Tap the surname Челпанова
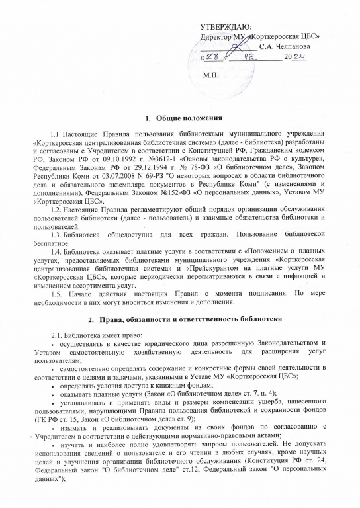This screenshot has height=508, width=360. (287, 47)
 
